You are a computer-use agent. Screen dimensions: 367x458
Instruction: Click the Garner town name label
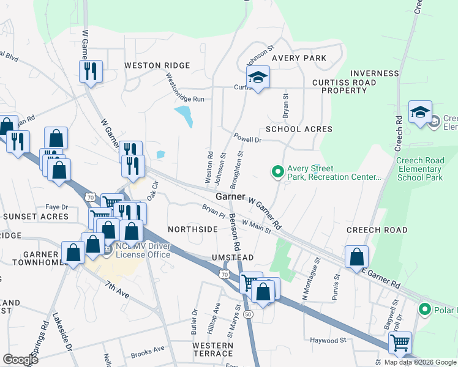tap(231, 196)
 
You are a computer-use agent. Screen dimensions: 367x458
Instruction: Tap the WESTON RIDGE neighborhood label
tap(157, 65)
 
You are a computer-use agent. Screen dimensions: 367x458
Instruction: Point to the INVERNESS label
tap(375, 73)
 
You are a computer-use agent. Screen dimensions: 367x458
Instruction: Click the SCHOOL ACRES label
tap(299, 129)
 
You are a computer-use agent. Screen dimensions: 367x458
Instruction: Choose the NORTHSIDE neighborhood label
tap(193, 229)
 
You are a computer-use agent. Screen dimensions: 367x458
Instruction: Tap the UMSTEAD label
tap(233, 258)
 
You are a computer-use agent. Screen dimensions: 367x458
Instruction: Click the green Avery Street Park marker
tap(277, 172)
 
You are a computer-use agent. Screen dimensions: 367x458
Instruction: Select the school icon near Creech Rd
tap(420, 113)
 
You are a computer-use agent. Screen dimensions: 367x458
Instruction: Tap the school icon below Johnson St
tap(258, 78)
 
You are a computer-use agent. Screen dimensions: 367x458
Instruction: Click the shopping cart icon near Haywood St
tap(400, 343)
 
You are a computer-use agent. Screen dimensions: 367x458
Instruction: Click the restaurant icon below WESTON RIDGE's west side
tap(91, 70)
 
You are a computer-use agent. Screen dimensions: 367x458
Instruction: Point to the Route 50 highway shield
tap(248, 314)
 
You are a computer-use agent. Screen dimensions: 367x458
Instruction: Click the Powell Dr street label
tap(247, 139)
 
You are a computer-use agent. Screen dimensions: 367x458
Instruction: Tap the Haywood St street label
tap(328, 340)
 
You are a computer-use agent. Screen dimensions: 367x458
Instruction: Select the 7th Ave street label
tap(117, 290)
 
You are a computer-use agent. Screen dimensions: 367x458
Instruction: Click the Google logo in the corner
tap(20, 360)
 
